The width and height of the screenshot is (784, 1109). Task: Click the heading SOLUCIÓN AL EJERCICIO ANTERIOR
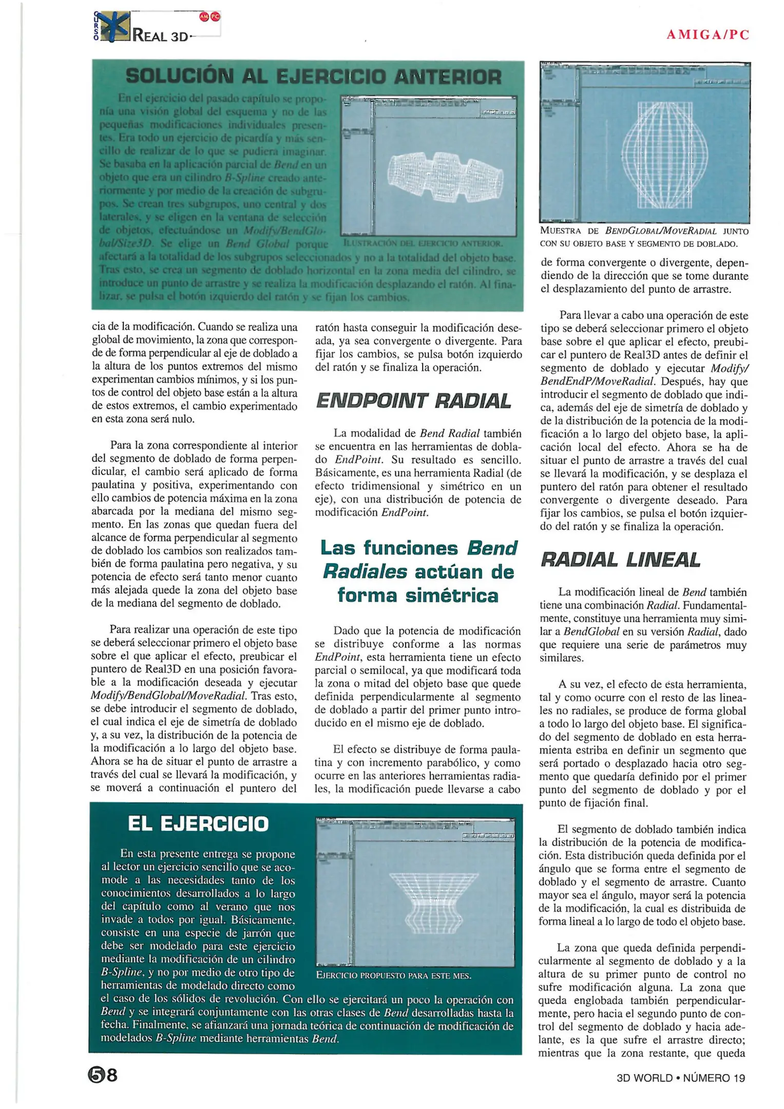(x=313, y=77)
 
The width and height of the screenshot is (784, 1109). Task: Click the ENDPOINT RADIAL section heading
(x=413, y=400)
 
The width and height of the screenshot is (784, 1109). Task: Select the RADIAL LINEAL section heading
(x=620, y=560)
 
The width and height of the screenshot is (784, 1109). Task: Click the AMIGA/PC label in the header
(x=707, y=35)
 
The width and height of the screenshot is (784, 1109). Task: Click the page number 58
(x=102, y=1075)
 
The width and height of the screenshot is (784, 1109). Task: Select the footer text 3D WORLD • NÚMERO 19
(x=680, y=1078)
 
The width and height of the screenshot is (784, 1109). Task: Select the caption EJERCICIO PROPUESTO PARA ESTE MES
(x=393, y=976)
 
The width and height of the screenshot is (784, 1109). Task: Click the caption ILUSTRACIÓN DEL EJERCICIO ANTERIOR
(x=423, y=243)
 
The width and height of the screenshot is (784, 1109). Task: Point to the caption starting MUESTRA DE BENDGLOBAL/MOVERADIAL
(x=644, y=237)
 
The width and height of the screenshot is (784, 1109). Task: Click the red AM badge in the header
(x=204, y=16)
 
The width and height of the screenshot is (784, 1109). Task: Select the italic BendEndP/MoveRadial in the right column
(x=598, y=381)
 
